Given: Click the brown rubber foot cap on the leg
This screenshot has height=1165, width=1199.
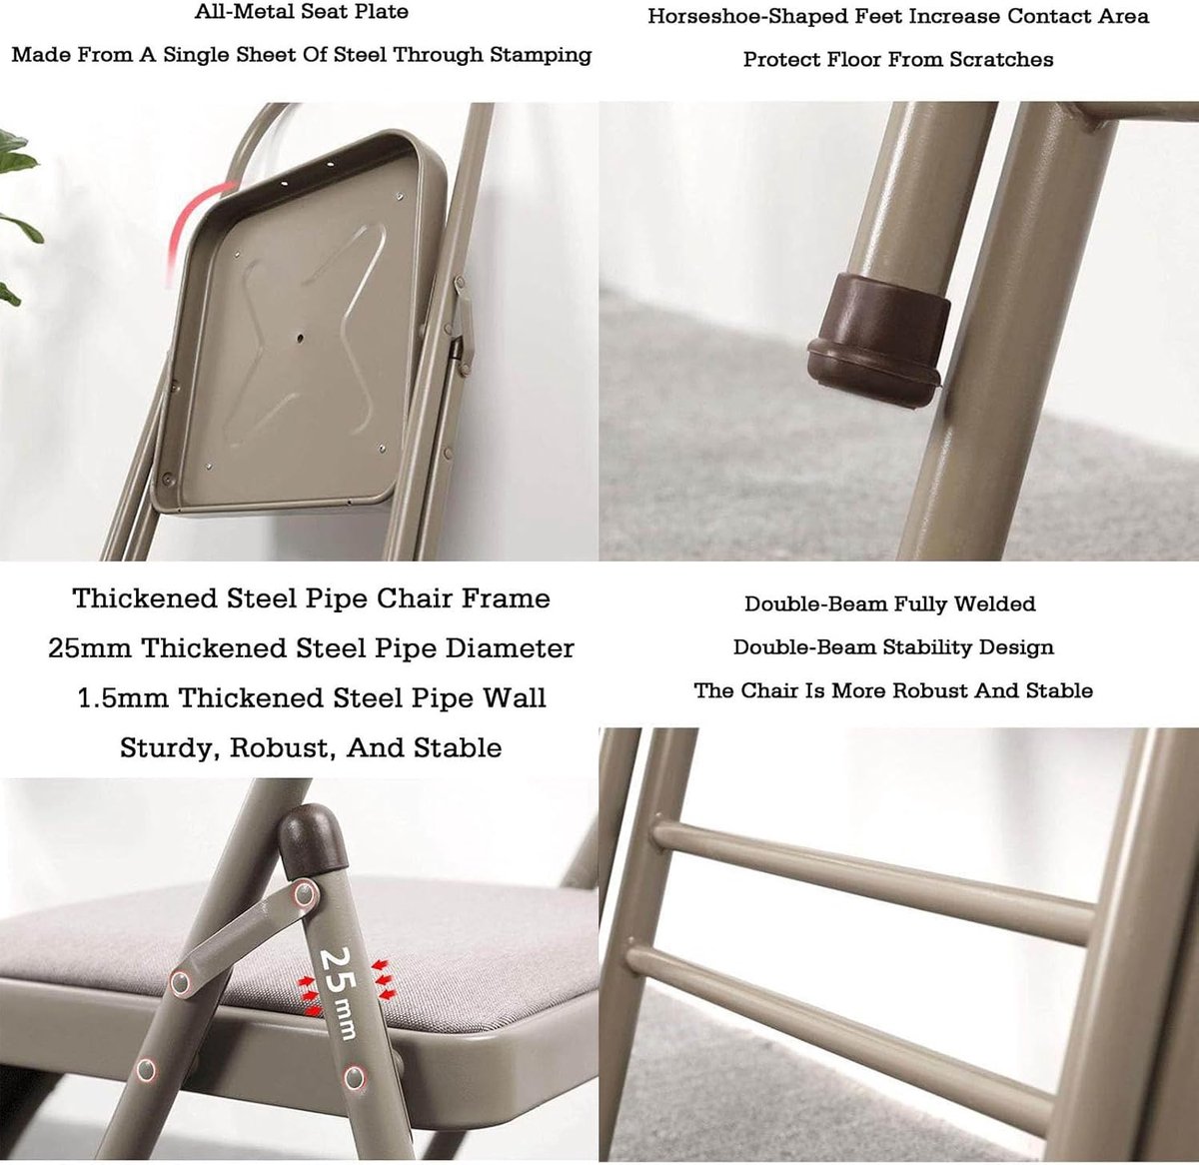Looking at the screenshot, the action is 876,342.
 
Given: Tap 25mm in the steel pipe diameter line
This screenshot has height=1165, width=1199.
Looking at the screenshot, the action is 90,648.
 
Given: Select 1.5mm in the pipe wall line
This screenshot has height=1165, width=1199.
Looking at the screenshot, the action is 123,698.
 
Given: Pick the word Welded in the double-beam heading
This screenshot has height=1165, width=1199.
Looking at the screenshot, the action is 994,603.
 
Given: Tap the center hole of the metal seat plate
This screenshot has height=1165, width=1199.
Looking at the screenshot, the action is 300,339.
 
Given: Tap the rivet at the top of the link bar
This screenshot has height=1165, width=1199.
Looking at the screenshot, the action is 305,893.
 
